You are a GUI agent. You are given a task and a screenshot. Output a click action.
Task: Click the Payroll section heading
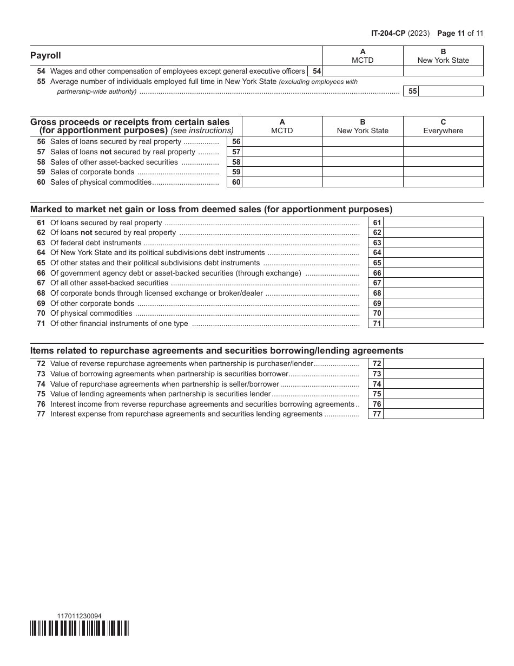click(46, 55)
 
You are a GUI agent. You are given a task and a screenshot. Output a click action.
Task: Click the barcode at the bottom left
click(80, 628)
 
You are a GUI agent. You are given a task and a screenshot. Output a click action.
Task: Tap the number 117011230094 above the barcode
click(79, 616)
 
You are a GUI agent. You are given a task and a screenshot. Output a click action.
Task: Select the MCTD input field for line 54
click(363, 71)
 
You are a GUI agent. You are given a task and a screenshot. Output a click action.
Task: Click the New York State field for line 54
click(443, 71)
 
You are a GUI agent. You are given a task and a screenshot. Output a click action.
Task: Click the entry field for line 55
click(451, 92)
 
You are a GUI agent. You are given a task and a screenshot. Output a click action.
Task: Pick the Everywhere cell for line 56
click(443, 142)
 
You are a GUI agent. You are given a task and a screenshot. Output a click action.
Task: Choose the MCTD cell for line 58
click(282, 162)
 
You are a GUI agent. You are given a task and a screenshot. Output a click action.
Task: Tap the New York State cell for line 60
click(363, 182)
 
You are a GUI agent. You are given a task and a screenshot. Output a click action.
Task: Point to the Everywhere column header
click(443, 126)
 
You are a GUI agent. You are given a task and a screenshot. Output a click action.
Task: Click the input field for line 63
click(433, 243)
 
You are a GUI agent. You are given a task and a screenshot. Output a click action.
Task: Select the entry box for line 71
click(433, 323)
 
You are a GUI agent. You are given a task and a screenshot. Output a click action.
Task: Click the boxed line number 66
click(377, 273)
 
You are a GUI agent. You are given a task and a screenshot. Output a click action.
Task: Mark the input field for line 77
click(433, 414)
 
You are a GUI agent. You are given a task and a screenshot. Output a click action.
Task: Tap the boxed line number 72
click(377, 364)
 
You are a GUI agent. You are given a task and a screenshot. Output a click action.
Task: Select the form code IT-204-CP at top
click(388, 33)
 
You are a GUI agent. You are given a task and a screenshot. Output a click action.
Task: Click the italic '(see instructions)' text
click(202, 130)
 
